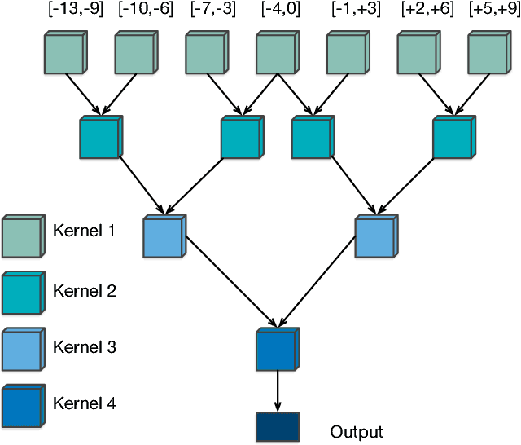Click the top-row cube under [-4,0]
coord(276,54)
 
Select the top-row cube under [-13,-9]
coord(63,54)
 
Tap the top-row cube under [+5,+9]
coord(488,54)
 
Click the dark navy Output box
coord(276,428)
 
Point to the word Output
coord(357,431)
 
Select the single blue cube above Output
coord(276,350)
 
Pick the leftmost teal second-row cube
coord(100,138)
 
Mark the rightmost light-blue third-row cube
coord(375,237)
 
